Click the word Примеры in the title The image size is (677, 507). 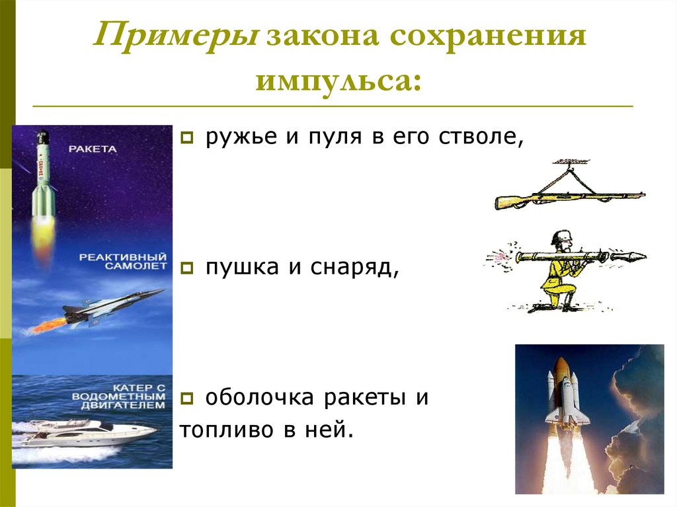tap(177, 38)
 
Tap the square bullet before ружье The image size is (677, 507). tap(186, 138)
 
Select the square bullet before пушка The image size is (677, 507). tap(186, 268)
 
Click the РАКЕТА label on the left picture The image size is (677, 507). tap(92, 149)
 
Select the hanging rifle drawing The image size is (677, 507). tap(569, 196)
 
